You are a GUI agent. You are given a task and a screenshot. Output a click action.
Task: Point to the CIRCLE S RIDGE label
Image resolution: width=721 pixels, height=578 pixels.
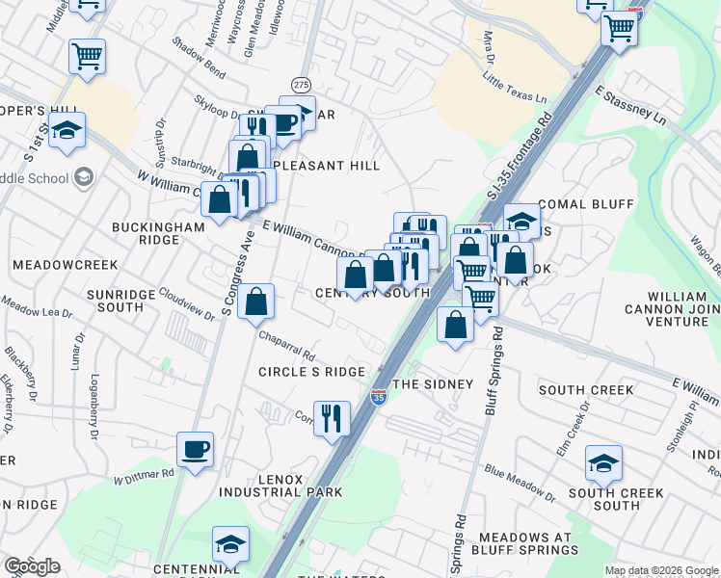[x=311, y=372]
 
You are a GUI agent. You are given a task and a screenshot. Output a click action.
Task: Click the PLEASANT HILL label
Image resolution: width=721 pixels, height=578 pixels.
[x=328, y=166]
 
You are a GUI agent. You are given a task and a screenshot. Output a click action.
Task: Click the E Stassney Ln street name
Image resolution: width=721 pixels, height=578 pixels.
[x=630, y=106]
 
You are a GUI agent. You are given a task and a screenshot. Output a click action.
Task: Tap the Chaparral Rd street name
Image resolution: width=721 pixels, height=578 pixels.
[x=287, y=345]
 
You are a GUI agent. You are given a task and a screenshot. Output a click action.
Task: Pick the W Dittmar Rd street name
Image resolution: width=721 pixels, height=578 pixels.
[x=143, y=475]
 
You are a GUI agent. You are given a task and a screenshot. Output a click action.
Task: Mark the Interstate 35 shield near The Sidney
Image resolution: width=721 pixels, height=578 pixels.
[x=379, y=396]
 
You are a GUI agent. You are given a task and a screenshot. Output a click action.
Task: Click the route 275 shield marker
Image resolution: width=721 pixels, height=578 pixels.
[x=302, y=85]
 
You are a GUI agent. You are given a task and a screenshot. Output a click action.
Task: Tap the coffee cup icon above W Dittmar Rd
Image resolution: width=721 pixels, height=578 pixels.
[x=196, y=449]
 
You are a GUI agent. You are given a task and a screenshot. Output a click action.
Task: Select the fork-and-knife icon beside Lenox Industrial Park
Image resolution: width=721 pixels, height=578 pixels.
[x=332, y=419]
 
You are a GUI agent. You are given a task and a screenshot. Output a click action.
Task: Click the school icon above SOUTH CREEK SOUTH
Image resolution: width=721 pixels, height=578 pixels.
[x=603, y=464]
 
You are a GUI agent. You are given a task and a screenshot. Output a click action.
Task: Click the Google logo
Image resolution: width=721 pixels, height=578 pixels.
[x=32, y=566]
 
